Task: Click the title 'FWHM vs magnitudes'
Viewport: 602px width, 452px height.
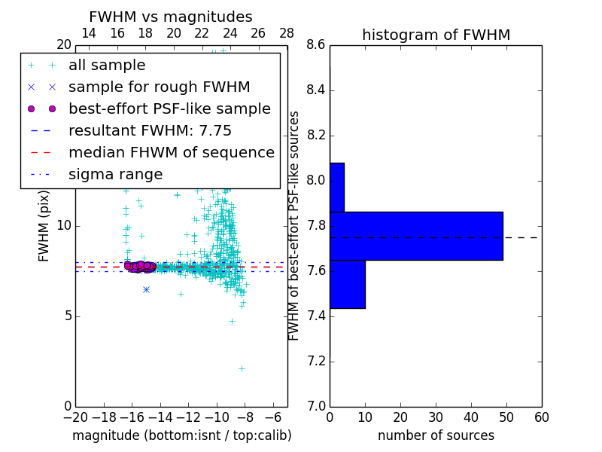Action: coord(171,17)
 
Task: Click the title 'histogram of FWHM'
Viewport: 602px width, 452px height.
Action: coord(436,35)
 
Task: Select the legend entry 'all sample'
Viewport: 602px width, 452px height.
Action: coord(107,66)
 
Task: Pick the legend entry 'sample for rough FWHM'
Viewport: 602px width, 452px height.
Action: coord(159,87)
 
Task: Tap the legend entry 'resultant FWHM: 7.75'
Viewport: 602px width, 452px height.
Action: coord(150,131)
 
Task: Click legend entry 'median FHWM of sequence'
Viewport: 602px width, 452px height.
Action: coord(171,153)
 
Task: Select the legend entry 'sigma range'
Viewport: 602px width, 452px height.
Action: coord(115,175)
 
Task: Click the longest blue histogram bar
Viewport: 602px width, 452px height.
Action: coord(416,236)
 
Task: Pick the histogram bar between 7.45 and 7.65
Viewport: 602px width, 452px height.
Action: coord(347,284)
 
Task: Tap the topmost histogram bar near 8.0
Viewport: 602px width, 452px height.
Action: coord(336,187)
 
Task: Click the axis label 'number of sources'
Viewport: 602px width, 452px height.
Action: coord(436,435)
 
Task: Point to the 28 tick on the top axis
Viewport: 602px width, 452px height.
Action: coord(287,33)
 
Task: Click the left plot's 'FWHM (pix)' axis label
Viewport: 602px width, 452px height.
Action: coord(44,224)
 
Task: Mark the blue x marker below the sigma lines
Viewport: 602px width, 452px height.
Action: coord(146,289)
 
